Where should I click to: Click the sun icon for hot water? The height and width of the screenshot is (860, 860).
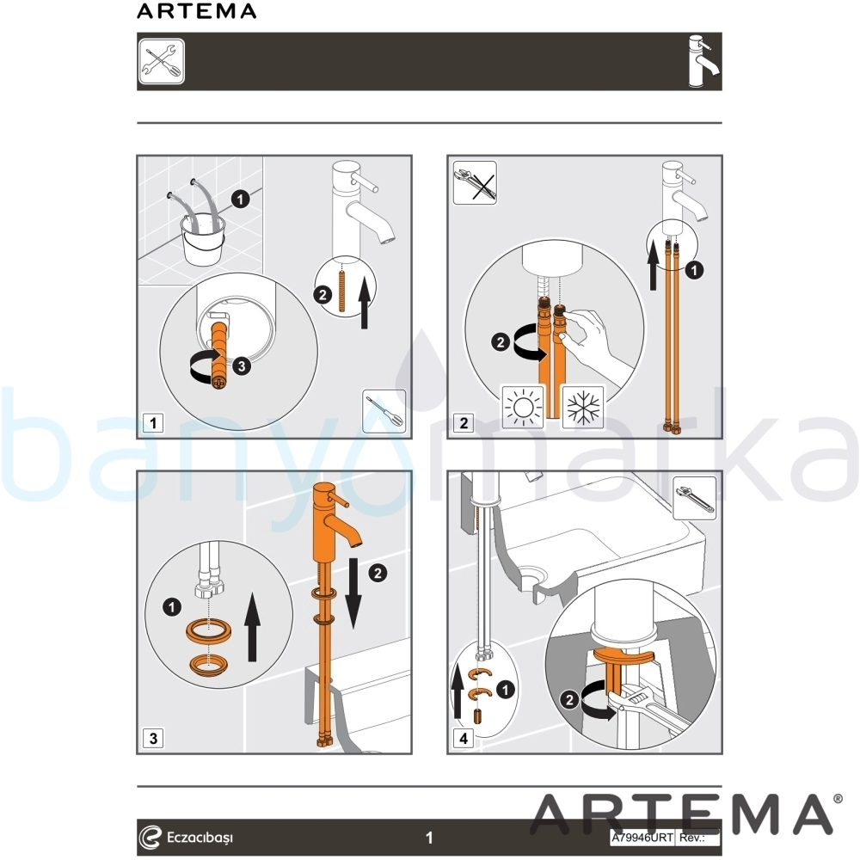click(523, 407)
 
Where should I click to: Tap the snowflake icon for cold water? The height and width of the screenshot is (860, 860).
click(583, 407)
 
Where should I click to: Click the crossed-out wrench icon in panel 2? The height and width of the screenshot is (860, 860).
click(475, 182)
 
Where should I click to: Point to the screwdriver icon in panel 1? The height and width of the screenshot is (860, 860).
click(384, 411)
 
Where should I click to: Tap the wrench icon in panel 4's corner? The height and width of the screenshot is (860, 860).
click(694, 499)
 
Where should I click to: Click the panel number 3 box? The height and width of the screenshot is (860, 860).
click(153, 738)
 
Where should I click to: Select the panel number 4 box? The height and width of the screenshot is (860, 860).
click(464, 738)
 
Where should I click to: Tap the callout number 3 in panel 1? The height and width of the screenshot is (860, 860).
click(242, 365)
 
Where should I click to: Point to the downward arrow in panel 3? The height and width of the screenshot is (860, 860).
click(353, 593)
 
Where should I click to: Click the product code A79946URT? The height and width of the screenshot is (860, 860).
click(642, 838)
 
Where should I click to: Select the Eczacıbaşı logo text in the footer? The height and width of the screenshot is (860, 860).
click(200, 838)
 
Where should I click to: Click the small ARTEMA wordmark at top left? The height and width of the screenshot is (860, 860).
click(196, 11)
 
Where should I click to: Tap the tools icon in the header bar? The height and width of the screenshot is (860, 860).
click(162, 61)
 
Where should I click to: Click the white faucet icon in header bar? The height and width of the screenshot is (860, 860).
click(704, 61)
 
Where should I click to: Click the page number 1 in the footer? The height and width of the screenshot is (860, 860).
click(429, 838)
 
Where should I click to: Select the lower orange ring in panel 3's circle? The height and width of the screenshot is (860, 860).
click(209, 665)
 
